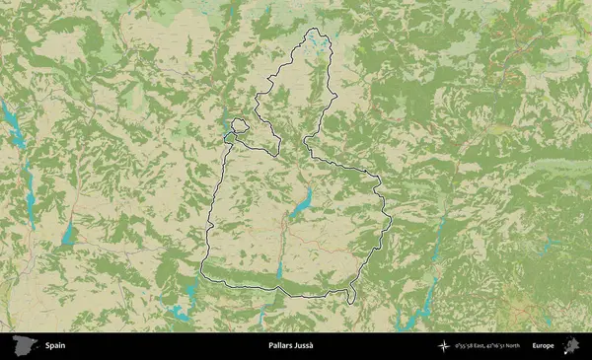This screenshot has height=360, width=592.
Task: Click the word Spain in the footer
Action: pos(55,346)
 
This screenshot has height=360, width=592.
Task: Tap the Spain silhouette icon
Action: pos(24,346)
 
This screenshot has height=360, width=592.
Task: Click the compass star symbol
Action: pos(446,346)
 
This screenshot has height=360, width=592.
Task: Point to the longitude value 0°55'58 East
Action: pos(473,346)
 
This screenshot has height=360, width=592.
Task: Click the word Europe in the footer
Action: pos(543,346)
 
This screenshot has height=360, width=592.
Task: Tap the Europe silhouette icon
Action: pos(570,346)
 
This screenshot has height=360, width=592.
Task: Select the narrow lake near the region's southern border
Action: pos(280,270)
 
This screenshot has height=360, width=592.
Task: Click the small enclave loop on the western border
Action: pos(239,125)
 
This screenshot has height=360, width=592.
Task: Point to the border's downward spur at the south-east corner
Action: pos(350,297)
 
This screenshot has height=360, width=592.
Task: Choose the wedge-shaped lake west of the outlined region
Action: pos(69,234)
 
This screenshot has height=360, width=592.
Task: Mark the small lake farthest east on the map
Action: pos(553,242)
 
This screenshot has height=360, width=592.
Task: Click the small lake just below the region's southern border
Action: pos(262,314)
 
